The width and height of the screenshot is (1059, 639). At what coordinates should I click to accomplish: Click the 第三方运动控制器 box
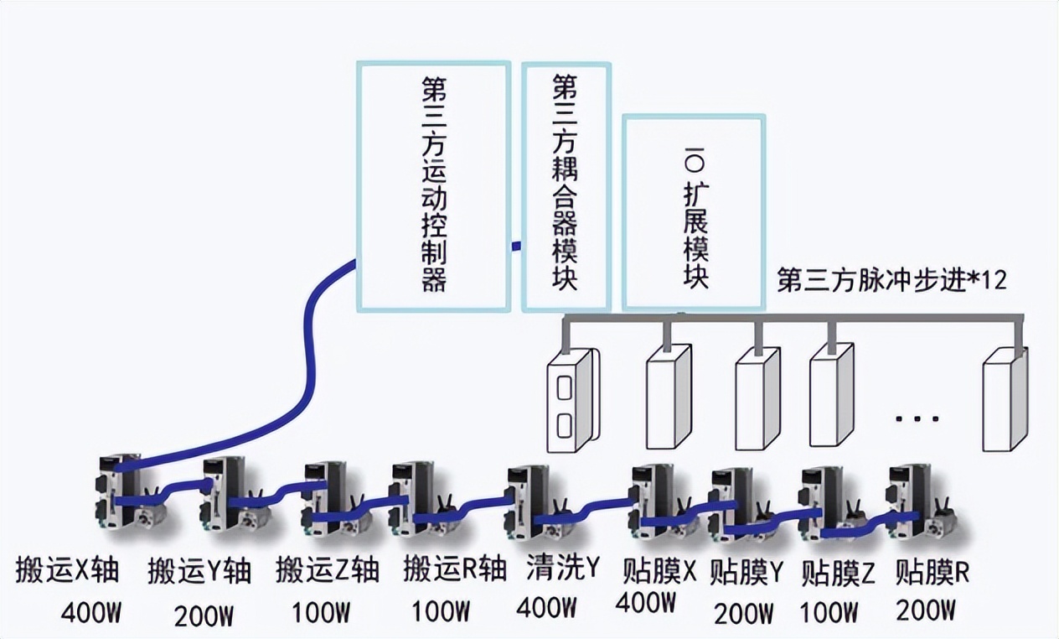pos(433,186)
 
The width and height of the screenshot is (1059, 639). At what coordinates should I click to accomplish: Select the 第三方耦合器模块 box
pos(566,186)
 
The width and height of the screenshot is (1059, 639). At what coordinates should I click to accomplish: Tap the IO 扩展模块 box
pos(694,213)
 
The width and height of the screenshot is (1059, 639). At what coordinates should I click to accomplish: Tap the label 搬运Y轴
pos(199,571)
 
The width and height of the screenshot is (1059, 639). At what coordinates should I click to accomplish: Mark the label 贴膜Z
pos(838,573)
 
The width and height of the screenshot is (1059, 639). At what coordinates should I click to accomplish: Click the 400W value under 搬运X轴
pos(92,615)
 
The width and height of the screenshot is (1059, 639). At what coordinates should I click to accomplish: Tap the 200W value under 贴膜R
pos(926,610)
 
